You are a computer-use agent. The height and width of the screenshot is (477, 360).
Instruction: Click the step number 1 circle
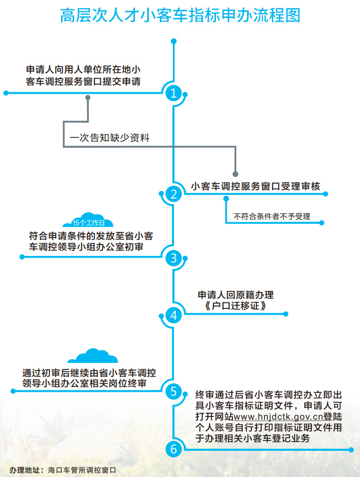click(173, 93)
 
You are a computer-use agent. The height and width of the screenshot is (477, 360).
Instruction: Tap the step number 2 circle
click(173, 194)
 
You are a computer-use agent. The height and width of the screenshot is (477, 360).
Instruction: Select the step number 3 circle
click(173, 258)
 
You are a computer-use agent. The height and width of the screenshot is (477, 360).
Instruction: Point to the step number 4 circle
click(173, 315)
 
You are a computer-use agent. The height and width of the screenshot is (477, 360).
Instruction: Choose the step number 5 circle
click(173, 391)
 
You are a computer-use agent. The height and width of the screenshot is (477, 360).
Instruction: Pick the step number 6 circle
click(173, 449)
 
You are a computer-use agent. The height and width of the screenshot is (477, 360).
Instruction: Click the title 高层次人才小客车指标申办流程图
click(180, 15)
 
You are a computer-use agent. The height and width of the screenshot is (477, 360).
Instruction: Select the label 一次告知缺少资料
click(109, 138)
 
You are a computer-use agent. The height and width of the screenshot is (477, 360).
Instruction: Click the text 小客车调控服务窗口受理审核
click(255, 186)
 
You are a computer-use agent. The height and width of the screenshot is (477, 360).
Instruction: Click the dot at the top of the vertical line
click(173, 41)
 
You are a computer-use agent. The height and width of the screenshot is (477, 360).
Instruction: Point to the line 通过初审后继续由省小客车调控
click(89, 373)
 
